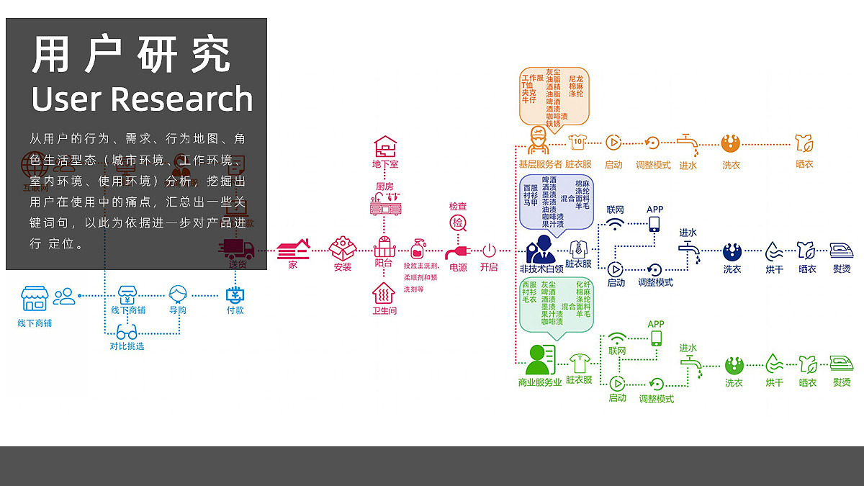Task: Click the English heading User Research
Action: [x=142, y=99]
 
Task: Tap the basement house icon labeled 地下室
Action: [x=385, y=147]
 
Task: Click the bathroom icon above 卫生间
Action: [x=384, y=292]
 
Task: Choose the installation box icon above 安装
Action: [x=343, y=249]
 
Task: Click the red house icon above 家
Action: [x=293, y=249]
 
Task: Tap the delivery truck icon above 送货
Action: [x=238, y=249]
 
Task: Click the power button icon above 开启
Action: [x=489, y=251]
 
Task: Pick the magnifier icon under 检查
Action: [x=459, y=223]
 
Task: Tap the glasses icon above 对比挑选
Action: [x=127, y=333]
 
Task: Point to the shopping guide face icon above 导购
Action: [x=178, y=293]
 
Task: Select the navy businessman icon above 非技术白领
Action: [x=541, y=249]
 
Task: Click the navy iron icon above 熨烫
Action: [x=841, y=251]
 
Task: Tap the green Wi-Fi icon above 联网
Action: [x=617, y=338]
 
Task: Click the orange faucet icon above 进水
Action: [x=688, y=143]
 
